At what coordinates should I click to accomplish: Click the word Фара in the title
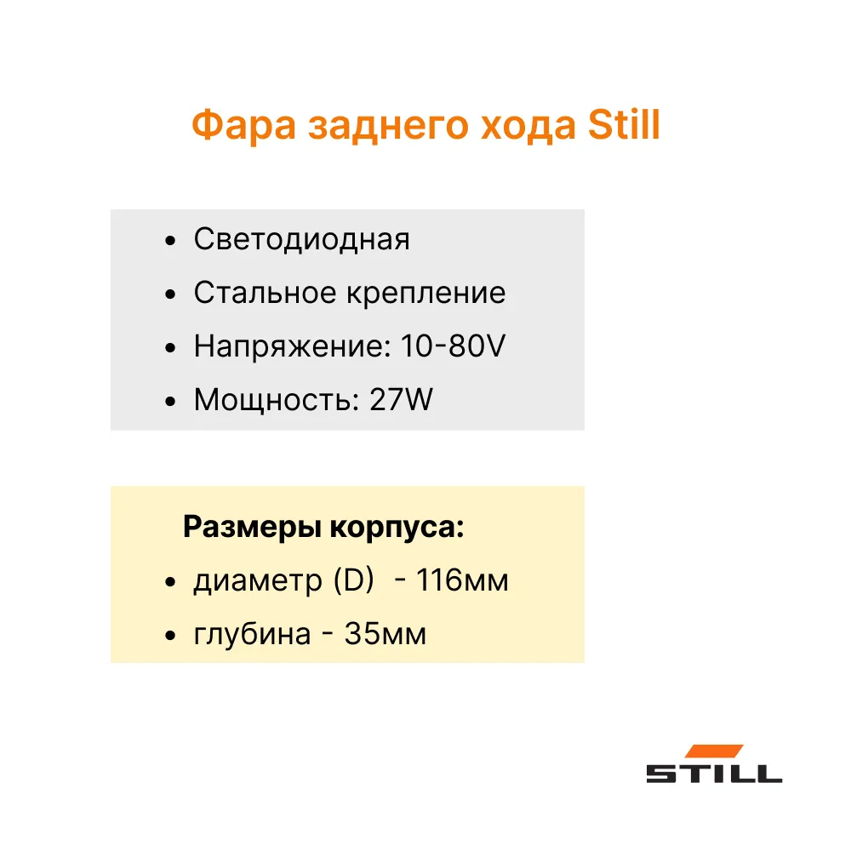243,125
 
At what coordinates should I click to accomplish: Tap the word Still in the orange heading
624,125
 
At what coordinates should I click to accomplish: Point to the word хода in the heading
528,128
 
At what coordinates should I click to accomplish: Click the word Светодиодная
302,240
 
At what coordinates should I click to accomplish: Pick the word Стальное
265,293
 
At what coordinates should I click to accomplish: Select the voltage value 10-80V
454,346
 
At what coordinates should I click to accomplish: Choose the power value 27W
401,399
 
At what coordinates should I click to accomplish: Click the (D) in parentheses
354,580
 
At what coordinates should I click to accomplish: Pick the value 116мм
462,580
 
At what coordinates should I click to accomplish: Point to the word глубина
253,635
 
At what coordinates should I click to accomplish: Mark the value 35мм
386,634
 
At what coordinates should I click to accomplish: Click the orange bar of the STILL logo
714,751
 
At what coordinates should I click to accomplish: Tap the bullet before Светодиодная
170,241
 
